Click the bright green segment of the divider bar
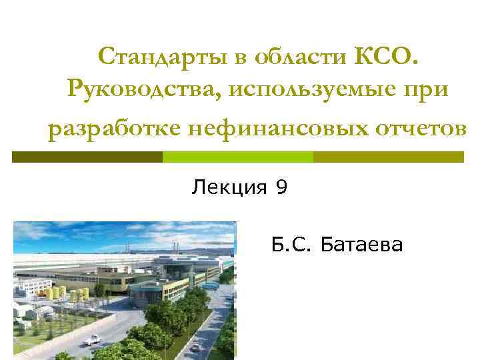(x=238, y=157)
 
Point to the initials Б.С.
(x=292, y=245)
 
